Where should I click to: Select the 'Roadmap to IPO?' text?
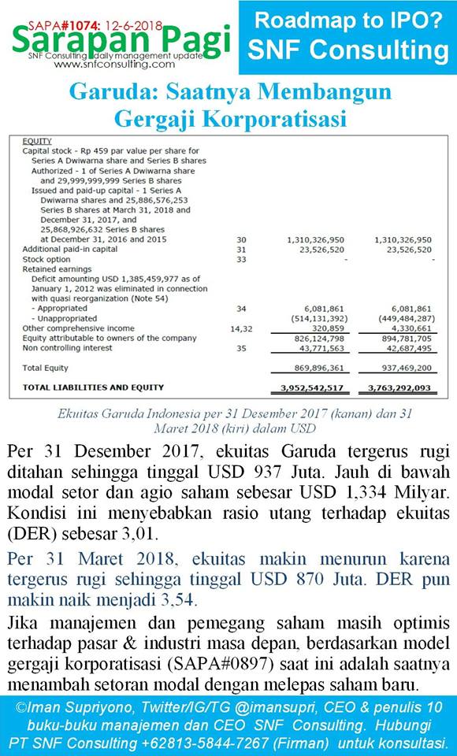click(347, 21)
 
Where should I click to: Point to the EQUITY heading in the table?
click(37, 141)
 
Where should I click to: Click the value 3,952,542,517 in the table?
click(312, 388)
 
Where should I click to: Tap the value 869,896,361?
click(312, 368)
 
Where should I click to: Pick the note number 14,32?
click(241, 328)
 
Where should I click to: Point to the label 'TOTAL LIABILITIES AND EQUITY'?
click(93, 387)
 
